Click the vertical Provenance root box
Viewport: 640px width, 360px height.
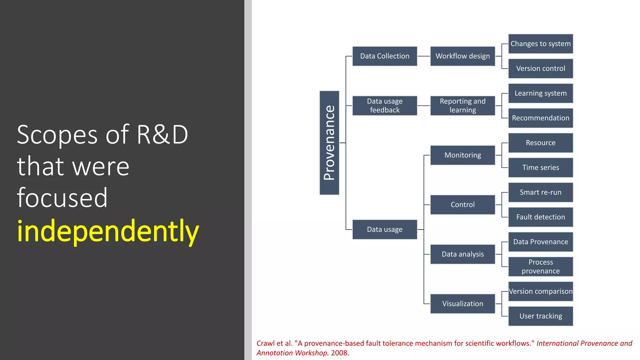click(329, 143)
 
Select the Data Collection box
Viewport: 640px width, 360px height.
click(384, 56)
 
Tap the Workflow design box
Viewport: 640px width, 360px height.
click(462, 56)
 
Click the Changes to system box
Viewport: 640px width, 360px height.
click(540, 44)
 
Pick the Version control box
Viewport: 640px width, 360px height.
click(540, 68)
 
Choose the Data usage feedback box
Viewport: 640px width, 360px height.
click(384, 106)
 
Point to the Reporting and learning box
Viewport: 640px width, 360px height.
click(462, 106)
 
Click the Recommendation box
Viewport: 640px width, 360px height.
click(540, 118)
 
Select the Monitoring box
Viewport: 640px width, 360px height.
click(462, 155)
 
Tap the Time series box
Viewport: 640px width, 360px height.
click(540, 167)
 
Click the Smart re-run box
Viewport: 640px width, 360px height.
click(540, 192)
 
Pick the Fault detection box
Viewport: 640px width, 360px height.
click(540, 217)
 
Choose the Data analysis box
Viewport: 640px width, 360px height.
click(462, 254)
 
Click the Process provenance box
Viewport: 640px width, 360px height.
click(540, 267)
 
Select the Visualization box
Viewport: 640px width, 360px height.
click(462, 303)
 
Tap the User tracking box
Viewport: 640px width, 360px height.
click(540, 316)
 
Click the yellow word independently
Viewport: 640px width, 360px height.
click(108, 231)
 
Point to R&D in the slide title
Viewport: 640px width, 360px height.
click(162, 135)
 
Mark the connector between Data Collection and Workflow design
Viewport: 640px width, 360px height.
click(423, 56)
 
